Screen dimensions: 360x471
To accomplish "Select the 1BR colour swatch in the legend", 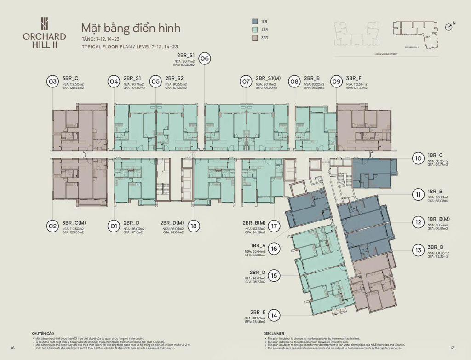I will [255, 22].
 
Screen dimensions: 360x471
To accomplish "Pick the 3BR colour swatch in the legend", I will [255, 37].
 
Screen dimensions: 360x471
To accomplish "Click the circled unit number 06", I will [205, 59].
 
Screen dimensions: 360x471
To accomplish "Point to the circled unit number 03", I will [52, 81].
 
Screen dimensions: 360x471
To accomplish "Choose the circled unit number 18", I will [194, 226].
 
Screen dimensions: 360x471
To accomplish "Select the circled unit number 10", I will [418, 158].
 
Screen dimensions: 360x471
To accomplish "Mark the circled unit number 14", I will [275, 315].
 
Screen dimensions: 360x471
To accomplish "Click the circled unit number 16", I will [275, 249].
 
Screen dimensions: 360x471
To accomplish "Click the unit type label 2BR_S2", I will [174, 78].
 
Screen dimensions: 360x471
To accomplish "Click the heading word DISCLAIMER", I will [275, 333].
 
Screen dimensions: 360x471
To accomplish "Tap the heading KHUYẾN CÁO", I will [43, 333].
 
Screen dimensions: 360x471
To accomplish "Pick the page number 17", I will [452, 348].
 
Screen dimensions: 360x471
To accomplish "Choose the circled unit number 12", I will [418, 222].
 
